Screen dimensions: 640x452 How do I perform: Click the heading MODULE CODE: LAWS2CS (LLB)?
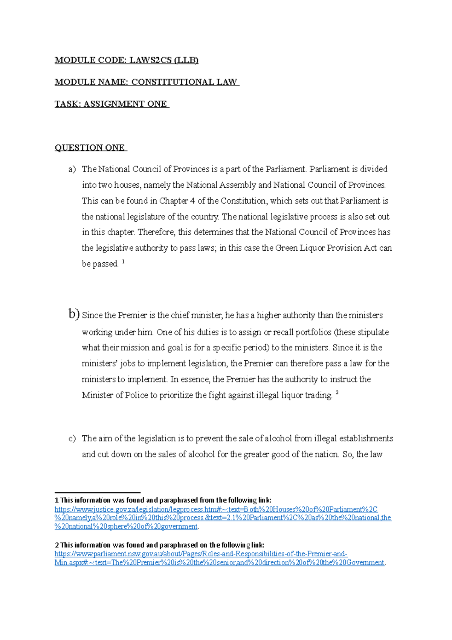[x=126, y=60]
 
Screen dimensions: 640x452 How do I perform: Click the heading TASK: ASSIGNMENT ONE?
[x=111, y=104]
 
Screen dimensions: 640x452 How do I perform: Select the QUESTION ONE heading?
[x=90, y=148]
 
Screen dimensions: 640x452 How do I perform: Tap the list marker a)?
[x=72, y=169]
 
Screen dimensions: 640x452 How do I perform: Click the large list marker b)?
[x=74, y=314]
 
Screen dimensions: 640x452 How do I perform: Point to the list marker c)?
[x=72, y=439]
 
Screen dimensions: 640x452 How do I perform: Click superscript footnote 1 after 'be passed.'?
[x=124, y=261]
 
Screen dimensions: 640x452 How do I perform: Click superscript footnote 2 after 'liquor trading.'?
[x=337, y=393]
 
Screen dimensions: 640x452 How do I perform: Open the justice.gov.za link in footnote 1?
[x=216, y=510]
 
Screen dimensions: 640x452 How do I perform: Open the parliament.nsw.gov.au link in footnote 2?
[x=201, y=554]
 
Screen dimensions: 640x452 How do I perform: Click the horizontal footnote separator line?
[x=97, y=492]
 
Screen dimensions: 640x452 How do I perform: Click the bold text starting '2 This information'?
[x=159, y=545]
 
